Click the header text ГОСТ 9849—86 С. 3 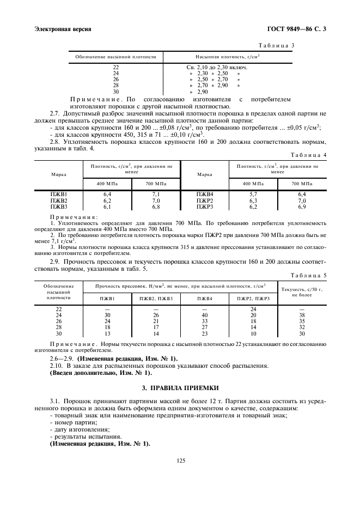coord(296,29)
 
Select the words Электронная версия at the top coord(63,29)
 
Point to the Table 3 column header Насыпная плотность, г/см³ coord(227,56)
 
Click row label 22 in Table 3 coord(115,67)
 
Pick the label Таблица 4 coord(309,155)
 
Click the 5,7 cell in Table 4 coord(253,194)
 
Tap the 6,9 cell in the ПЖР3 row coord(302,207)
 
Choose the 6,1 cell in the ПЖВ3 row coord(107,207)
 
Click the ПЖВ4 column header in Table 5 coord(205,299)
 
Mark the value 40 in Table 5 coord(205,315)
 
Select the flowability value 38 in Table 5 coord(302,315)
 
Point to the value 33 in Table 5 coord(205,321)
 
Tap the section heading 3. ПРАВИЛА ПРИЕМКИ coord(180,388)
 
